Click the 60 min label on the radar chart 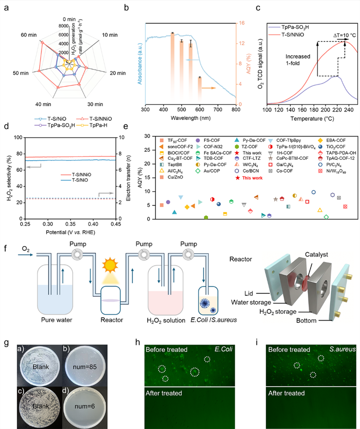point(29,35)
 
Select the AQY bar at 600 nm point(200,91)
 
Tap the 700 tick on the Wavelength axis point(218,109)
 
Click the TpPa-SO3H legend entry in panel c point(289,27)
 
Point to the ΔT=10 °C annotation point(344,35)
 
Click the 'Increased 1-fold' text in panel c point(298,60)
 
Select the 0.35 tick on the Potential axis point(71,224)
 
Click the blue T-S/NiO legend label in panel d point(80,180)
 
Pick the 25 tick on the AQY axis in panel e point(147,150)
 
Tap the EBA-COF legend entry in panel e point(332,140)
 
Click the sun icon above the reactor point(110,265)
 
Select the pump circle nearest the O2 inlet point(77,255)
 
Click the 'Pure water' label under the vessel point(57,320)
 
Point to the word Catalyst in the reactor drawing point(316,254)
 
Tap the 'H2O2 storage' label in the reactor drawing point(278,312)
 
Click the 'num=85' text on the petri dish point(85,367)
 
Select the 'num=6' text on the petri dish point(85,406)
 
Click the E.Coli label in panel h point(223,349)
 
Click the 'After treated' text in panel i point(286,393)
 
